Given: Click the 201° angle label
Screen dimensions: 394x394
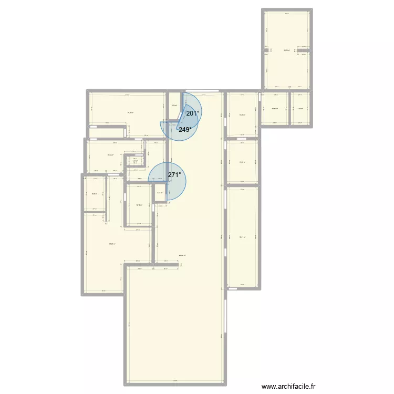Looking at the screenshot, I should coord(193,113).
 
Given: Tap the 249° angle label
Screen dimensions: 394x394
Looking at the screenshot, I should coord(184,129).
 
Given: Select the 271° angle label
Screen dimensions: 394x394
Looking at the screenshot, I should coord(174,175).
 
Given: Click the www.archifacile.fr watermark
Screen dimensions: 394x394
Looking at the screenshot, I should coord(289,386).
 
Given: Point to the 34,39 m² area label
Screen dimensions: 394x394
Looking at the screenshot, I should coord(130,112).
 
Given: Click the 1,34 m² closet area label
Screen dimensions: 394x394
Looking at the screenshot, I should coord(135,161).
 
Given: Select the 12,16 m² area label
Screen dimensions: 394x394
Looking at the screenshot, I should coord(139,205).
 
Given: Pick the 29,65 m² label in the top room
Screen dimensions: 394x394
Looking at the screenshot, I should coord(287,50).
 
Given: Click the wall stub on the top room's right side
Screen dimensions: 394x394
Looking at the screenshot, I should coord(308,51).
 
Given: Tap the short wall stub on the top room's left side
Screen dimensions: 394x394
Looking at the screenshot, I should coord(266,50).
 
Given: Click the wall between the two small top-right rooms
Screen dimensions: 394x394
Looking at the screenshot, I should coord(289,109).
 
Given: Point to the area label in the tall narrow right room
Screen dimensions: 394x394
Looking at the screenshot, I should coord(242,237).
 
